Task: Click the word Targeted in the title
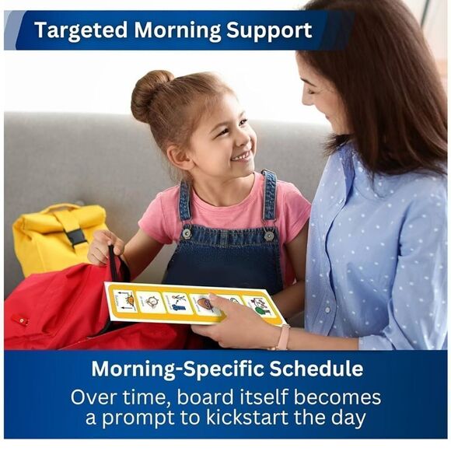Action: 81,31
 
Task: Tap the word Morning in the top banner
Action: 180,31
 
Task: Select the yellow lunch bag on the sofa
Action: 59,238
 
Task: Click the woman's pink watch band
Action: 284,337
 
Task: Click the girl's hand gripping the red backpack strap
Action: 102,248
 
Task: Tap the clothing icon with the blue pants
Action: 178,302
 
